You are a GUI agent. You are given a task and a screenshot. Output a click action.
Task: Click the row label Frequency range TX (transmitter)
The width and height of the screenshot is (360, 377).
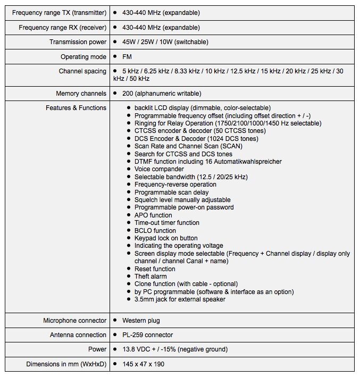tap(59, 12)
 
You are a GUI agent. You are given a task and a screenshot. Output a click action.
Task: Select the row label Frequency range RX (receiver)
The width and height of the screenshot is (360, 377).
tap(62, 27)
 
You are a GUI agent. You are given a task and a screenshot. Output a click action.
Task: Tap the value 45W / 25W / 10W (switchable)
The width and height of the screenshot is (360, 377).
tap(165, 42)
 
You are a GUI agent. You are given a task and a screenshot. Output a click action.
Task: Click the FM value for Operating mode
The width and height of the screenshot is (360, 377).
tap(127, 57)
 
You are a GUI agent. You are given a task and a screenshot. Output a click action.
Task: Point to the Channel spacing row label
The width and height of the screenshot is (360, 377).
tap(82, 71)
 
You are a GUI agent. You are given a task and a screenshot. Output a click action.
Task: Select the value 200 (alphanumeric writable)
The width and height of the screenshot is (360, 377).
tap(162, 94)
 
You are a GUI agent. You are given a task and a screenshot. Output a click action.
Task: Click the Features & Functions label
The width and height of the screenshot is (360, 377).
tap(76, 108)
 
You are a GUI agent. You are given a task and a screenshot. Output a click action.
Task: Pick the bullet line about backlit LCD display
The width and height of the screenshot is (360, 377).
tap(202, 108)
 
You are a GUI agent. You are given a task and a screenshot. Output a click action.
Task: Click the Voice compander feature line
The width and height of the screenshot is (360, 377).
tap(159, 169)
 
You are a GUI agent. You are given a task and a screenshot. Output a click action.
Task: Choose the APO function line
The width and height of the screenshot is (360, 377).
tap(153, 215)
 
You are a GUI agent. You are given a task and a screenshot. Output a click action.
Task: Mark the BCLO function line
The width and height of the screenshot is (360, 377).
tap(155, 231)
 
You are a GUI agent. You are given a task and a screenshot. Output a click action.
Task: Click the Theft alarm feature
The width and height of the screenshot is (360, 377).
tap(150, 277)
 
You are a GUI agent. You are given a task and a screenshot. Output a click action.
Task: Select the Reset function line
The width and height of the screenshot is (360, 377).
tap(155, 269)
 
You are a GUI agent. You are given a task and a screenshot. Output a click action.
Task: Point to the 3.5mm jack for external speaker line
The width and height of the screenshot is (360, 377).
tap(180, 299)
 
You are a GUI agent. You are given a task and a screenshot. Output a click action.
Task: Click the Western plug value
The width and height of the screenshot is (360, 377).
tap(141, 321)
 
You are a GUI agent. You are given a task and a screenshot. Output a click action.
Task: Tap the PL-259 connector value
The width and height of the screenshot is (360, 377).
tap(147, 335)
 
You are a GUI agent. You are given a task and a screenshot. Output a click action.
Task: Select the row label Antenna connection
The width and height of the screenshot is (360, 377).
tap(78, 335)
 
